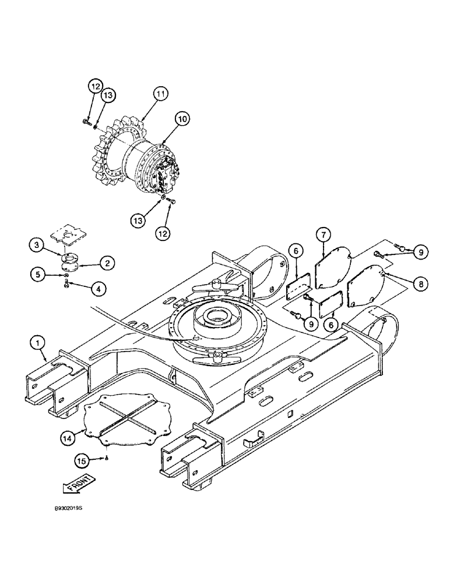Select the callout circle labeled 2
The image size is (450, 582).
(x=106, y=263)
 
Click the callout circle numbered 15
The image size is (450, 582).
(x=83, y=461)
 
